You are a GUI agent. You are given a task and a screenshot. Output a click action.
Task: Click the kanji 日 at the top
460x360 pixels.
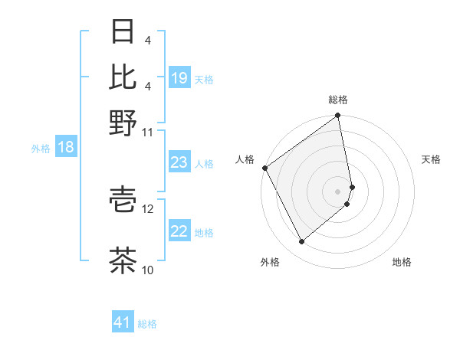point(123,32)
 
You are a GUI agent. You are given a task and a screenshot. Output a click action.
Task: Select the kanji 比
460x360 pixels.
point(123,77)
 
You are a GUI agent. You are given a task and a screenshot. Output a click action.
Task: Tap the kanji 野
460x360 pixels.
point(123,122)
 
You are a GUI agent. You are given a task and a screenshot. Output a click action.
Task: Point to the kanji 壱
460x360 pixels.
point(123,198)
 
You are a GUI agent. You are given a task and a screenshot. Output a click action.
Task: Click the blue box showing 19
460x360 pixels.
point(179,78)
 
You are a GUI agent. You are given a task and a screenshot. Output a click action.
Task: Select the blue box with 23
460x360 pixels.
point(179,163)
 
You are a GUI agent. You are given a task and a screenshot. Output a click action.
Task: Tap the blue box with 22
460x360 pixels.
point(179,232)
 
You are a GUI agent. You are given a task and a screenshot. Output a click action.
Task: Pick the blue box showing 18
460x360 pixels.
point(66,148)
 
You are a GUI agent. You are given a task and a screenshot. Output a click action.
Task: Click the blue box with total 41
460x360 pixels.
point(123,323)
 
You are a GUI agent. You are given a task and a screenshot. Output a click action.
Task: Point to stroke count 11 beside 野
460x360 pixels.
point(147,132)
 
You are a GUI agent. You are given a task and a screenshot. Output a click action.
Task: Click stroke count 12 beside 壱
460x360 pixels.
point(148,208)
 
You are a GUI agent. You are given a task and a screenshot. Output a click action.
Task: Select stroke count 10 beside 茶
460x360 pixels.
point(148,270)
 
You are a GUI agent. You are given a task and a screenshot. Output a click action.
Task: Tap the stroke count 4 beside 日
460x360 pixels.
point(147,40)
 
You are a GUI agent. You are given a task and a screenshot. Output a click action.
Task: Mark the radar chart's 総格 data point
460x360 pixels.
point(337,117)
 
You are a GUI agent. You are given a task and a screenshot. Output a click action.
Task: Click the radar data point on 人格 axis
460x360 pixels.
point(264,168)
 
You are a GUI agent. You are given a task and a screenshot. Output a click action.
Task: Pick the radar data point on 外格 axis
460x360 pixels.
point(301,242)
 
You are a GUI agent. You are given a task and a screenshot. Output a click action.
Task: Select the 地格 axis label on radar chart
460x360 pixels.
point(402,263)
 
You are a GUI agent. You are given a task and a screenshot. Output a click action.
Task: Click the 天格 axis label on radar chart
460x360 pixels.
point(431,159)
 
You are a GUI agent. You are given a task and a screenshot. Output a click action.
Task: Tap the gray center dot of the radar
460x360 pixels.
point(338,191)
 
